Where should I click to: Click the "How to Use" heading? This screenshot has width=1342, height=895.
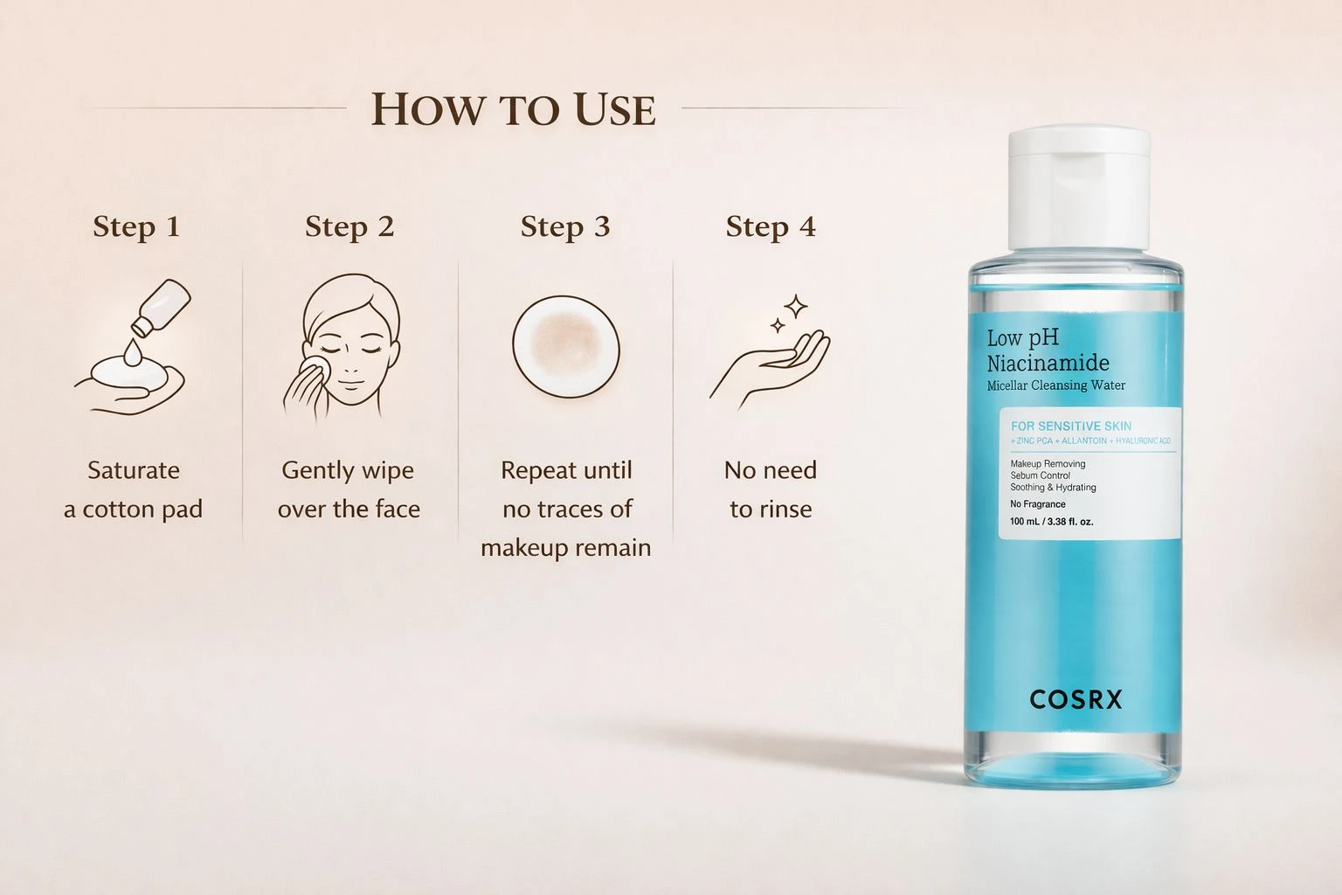tap(514, 110)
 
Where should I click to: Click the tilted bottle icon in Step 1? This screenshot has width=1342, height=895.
tap(162, 306)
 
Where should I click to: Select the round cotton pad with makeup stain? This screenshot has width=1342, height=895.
tap(566, 346)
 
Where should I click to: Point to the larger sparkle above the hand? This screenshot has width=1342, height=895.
tap(796, 307)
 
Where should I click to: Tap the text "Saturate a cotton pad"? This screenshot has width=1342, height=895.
tap(134, 489)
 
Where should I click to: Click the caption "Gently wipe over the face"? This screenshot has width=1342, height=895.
tap(349, 489)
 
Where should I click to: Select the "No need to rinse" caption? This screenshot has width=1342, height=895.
tap(771, 489)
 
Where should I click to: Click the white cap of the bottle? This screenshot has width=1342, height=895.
tap(1079, 188)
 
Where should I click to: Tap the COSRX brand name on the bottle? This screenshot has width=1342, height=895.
tap(1076, 699)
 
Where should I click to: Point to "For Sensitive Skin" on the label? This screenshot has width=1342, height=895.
tap(1071, 427)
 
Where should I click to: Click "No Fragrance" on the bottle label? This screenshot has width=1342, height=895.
tap(1038, 504)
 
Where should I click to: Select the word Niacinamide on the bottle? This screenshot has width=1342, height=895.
tap(1048, 364)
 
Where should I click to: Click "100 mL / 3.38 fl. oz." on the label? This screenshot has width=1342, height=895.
tap(1051, 522)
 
